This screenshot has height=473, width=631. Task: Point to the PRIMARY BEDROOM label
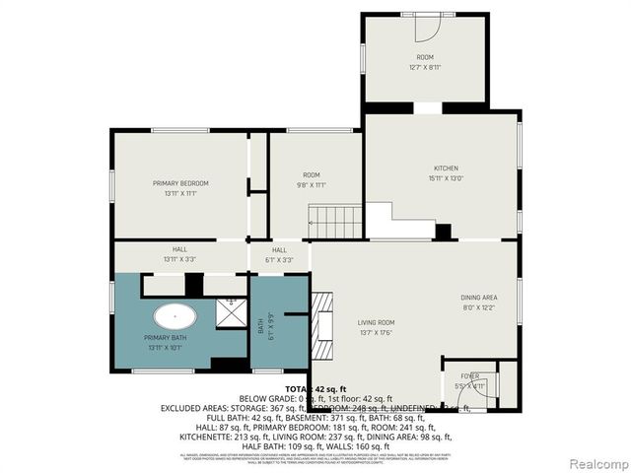pos(179,183)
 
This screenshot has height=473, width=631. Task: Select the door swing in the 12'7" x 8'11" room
pos(425,28)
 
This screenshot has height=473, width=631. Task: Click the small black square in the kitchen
pos(444,232)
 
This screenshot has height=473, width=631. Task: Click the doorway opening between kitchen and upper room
pos(426,106)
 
